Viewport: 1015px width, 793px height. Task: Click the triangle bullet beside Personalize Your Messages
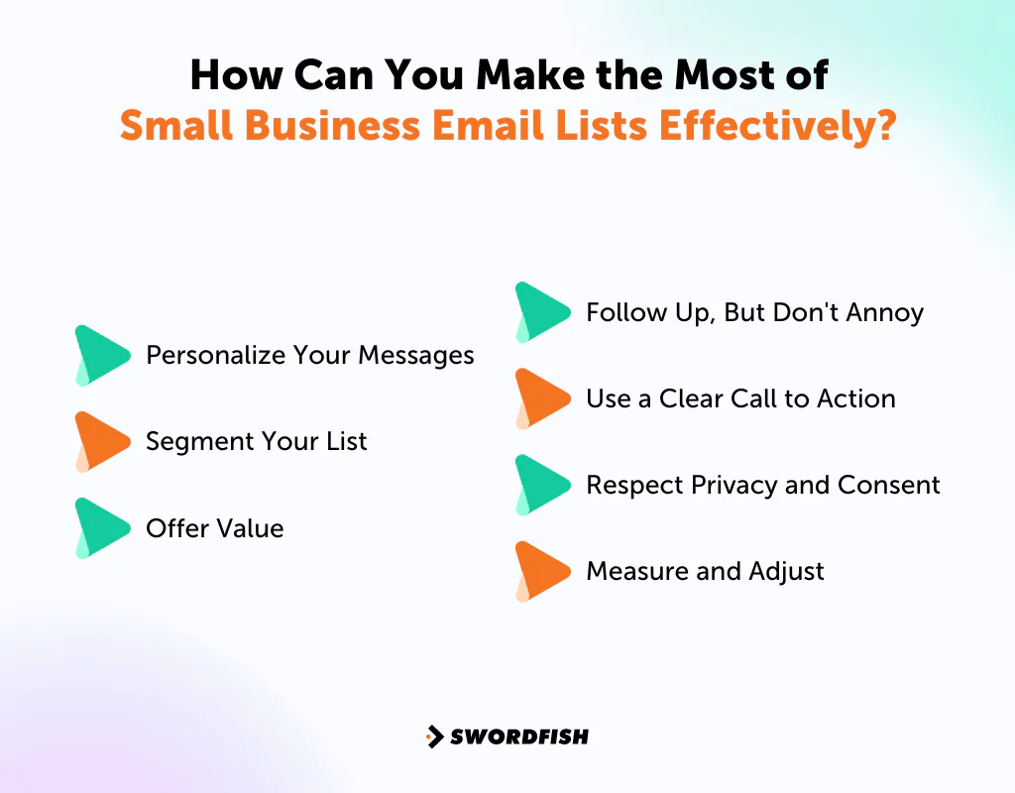click(101, 355)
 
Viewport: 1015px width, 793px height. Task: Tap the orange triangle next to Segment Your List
click(101, 441)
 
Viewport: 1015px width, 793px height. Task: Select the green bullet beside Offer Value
click(101, 527)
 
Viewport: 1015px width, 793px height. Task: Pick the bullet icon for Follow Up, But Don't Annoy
click(541, 312)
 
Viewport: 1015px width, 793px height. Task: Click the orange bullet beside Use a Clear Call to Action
click(541, 398)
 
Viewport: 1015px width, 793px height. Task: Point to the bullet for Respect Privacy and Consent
click(541, 485)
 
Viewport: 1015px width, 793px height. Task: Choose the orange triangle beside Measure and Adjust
click(541, 571)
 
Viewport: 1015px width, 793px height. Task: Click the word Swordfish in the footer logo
click(519, 736)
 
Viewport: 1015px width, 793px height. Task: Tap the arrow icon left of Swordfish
click(434, 736)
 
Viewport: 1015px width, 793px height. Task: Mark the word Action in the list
click(855, 398)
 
